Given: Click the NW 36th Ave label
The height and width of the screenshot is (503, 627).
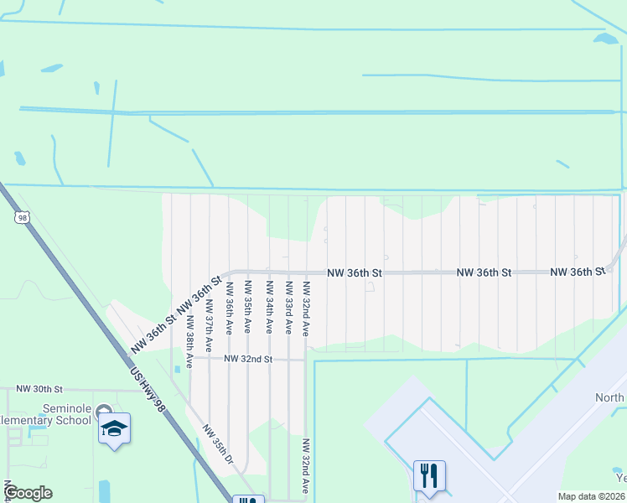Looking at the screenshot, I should (228, 306).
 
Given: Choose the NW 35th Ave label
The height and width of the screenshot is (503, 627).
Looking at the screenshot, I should (247, 308).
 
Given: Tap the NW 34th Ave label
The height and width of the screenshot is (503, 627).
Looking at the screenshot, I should (268, 308).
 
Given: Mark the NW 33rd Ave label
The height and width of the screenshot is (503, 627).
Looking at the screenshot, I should (288, 308).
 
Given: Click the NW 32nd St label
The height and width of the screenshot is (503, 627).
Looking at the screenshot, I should (249, 359).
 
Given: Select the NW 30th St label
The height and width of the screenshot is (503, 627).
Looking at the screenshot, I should (39, 390).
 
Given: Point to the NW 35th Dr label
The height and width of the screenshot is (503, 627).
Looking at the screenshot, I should (219, 443).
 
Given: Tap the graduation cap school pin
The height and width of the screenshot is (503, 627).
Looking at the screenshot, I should (114, 430).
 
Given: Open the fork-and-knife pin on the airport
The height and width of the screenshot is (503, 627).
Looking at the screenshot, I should (429, 476).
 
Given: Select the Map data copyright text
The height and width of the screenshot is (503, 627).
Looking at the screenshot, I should (591, 496).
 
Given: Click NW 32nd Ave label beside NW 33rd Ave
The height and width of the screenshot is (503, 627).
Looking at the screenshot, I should (307, 308).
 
